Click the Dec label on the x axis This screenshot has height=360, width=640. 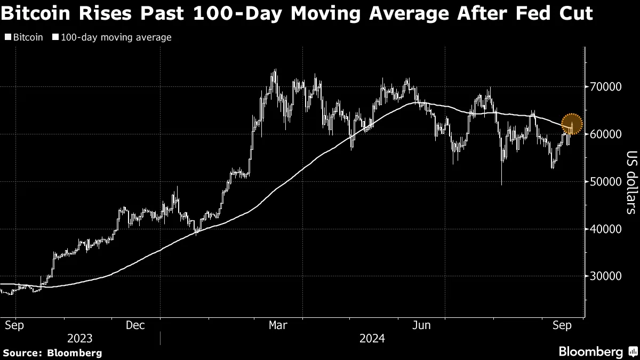click(135, 325)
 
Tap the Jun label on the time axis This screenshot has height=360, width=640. click(422, 325)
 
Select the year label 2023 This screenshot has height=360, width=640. click(80, 339)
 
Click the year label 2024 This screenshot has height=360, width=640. click(373, 339)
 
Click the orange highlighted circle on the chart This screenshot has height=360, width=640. click(572, 124)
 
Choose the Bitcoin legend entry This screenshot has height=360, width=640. click(24, 37)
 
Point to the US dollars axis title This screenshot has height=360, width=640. click(631, 181)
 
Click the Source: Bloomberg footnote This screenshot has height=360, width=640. click(52, 353)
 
